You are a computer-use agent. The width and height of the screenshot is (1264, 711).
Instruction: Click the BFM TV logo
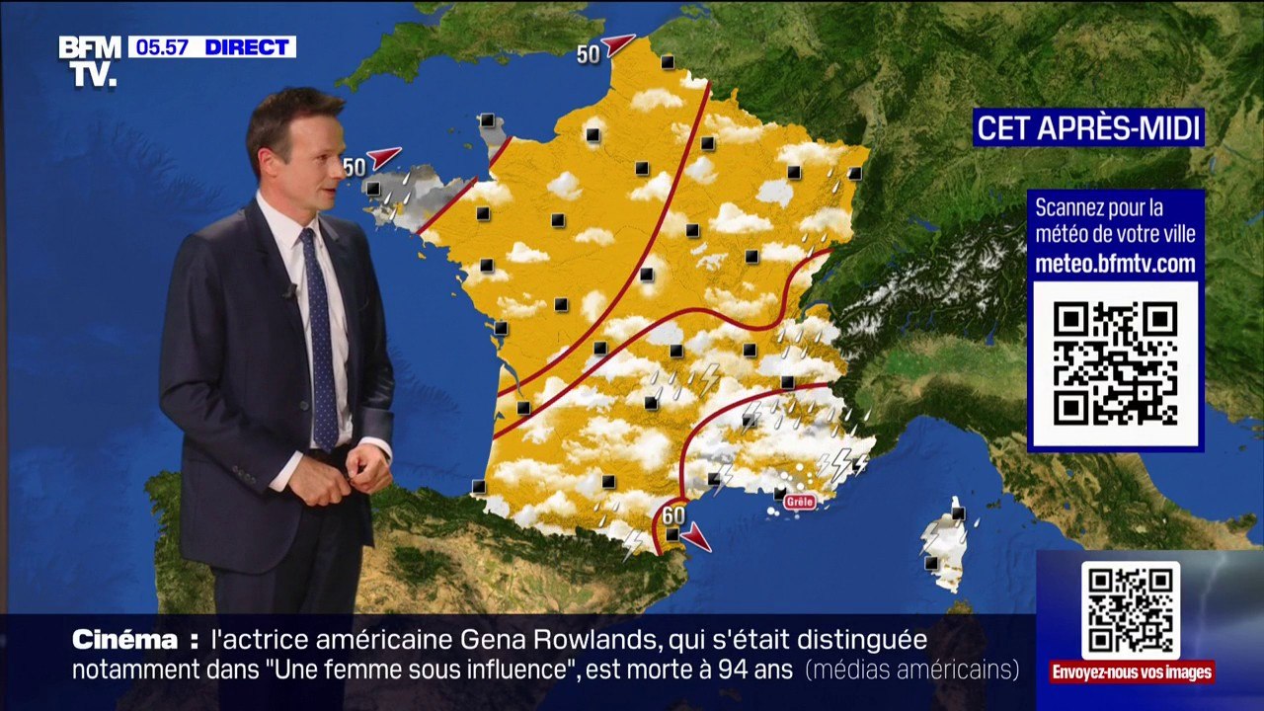(x=90, y=60)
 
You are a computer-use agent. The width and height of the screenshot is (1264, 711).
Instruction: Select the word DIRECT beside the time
(x=246, y=47)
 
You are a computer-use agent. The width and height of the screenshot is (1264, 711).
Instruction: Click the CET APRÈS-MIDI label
(x=1088, y=128)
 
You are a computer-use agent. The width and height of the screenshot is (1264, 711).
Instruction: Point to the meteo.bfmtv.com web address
(x=1115, y=264)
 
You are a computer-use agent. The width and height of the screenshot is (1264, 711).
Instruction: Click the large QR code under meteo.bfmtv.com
(x=1115, y=363)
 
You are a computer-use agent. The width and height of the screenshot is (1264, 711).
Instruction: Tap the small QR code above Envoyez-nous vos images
(x=1130, y=609)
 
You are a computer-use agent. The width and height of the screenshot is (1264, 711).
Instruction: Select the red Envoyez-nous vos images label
(x=1132, y=672)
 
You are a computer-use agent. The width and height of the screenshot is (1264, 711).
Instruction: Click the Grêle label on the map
(x=800, y=502)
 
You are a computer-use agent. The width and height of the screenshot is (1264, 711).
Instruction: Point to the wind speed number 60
(x=673, y=515)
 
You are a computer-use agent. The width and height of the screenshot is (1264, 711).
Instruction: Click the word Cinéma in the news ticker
(x=124, y=640)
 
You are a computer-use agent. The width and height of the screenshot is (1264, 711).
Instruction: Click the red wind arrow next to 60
(x=697, y=537)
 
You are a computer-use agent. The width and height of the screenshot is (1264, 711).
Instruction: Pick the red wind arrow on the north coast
(x=618, y=44)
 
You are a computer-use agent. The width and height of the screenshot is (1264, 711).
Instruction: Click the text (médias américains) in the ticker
(x=911, y=670)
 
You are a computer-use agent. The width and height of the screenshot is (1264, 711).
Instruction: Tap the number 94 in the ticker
(x=707, y=670)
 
